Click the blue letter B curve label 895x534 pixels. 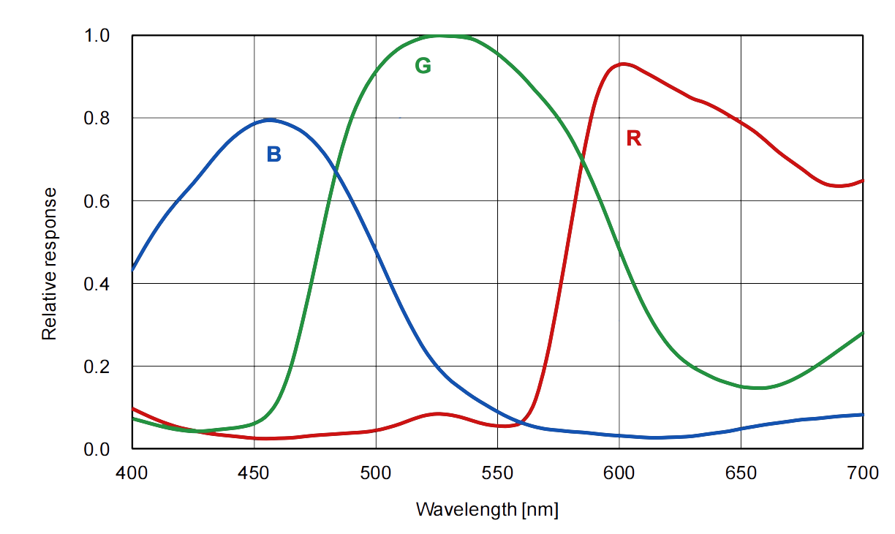coord(273,154)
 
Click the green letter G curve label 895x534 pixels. coord(423,66)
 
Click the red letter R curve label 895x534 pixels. coord(633,138)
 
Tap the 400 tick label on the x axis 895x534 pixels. coord(132,473)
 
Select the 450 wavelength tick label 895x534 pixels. coord(254,473)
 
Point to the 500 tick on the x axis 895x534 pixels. coord(376,473)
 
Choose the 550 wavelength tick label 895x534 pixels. coord(497,473)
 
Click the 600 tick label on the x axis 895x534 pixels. coord(619,473)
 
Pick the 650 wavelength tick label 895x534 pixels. coord(741,473)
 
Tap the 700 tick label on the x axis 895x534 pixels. coord(863,473)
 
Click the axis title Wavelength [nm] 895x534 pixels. coord(487,509)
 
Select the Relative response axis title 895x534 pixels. coord(49,263)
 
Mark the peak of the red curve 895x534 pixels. coord(622,64)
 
